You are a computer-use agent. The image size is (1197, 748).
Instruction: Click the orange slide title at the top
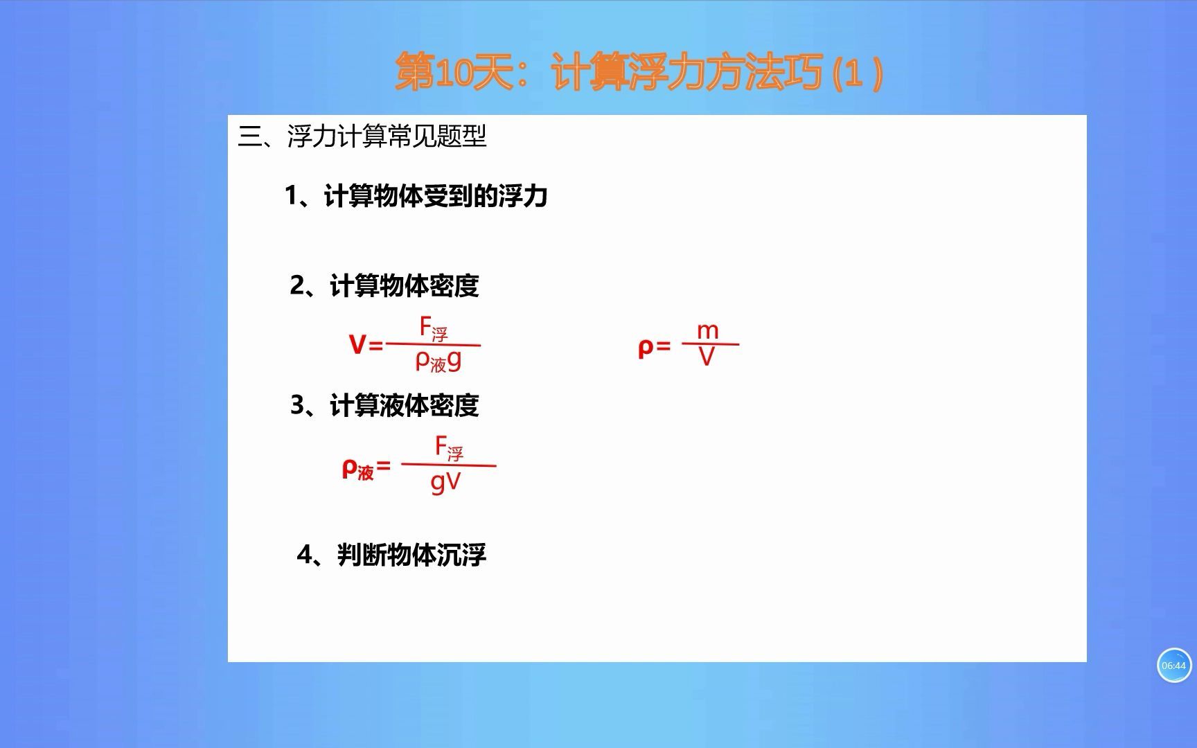(x=638, y=72)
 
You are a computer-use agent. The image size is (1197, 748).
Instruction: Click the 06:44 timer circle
(x=1173, y=666)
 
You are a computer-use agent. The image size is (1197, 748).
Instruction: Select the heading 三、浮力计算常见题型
(x=362, y=136)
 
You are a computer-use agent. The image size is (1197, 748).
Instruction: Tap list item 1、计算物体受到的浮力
(x=416, y=197)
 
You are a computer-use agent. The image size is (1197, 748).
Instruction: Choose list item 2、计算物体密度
(x=384, y=285)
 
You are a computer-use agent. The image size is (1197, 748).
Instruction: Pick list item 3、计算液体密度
(x=384, y=405)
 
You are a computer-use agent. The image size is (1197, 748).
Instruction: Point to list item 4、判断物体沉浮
(x=391, y=555)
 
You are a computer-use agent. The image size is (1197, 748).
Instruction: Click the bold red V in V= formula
(x=357, y=344)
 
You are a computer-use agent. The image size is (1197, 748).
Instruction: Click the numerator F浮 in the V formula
(x=434, y=328)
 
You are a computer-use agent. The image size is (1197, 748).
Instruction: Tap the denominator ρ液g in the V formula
(x=438, y=361)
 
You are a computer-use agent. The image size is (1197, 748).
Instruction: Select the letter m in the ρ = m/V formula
(x=707, y=331)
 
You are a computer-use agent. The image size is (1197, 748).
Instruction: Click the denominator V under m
(x=707, y=357)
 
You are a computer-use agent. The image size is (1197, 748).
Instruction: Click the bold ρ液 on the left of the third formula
(x=357, y=470)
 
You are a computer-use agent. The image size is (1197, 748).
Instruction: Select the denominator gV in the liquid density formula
(x=445, y=482)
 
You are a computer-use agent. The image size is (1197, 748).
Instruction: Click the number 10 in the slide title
(x=454, y=73)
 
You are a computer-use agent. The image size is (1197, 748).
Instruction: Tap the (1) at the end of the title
(x=857, y=73)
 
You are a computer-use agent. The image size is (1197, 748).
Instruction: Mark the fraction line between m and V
(x=710, y=344)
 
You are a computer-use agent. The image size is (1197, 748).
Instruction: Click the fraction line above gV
(x=449, y=465)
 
